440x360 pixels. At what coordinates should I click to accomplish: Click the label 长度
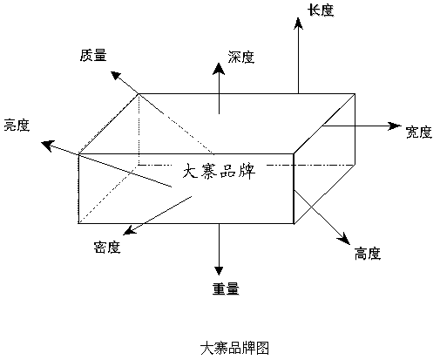pyautogui.click(x=321, y=10)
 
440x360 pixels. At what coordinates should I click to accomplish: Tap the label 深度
pyautogui.click(x=241, y=57)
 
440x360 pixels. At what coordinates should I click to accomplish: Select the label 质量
pyautogui.click(x=93, y=55)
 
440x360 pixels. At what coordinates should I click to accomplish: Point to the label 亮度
pyautogui.click(x=17, y=126)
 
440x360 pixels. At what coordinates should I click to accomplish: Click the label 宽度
pyautogui.click(x=418, y=132)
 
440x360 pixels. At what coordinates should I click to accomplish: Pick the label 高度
pyautogui.click(x=368, y=253)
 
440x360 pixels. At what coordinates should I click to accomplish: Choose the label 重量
pyautogui.click(x=226, y=289)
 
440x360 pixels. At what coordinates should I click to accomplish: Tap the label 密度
pyautogui.click(x=107, y=248)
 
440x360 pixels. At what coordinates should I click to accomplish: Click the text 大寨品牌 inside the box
pyautogui.click(x=219, y=172)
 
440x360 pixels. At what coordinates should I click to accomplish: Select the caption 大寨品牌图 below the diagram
pyautogui.click(x=234, y=348)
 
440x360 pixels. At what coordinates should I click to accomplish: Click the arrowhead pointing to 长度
pyautogui.click(x=298, y=24)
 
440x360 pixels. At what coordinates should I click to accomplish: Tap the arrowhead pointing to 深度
pyautogui.click(x=219, y=69)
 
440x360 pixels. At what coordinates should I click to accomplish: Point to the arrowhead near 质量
pyautogui.click(x=116, y=75)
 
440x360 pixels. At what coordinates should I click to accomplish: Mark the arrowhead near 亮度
pyautogui.click(x=48, y=146)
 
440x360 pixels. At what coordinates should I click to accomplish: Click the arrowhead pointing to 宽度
pyautogui.click(x=395, y=126)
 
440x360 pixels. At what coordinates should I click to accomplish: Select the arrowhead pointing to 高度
pyautogui.click(x=344, y=239)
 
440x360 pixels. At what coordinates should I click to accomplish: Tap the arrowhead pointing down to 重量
pyautogui.click(x=219, y=271)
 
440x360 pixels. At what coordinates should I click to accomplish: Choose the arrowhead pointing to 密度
pyautogui.click(x=130, y=230)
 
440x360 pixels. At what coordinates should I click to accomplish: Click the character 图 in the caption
pyautogui.click(x=262, y=348)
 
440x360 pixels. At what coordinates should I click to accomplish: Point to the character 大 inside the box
pyautogui.click(x=190, y=172)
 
